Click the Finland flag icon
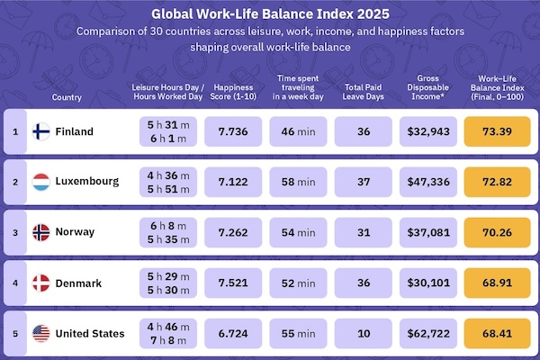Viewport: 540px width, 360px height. tap(41, 131)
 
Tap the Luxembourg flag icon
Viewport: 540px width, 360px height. tap(41, 182)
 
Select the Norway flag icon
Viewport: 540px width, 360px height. tap(41, 232)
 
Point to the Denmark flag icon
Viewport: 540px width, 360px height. tap(41, 283)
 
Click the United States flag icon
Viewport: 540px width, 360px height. tap(41, 333)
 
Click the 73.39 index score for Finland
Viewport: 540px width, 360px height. tap(497, 131)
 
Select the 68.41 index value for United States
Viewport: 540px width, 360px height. tap(497, 333)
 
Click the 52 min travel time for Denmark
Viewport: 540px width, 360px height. tap(298, 283)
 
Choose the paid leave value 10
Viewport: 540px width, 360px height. tap(364, 333)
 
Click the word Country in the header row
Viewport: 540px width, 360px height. tap(67, 96)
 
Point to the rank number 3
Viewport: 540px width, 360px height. tap(14, 232)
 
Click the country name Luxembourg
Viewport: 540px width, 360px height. tap(87, 182)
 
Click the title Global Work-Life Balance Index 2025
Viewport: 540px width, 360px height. tap(269, 14)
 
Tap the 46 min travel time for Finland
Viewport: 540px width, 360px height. tap(298, 131)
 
